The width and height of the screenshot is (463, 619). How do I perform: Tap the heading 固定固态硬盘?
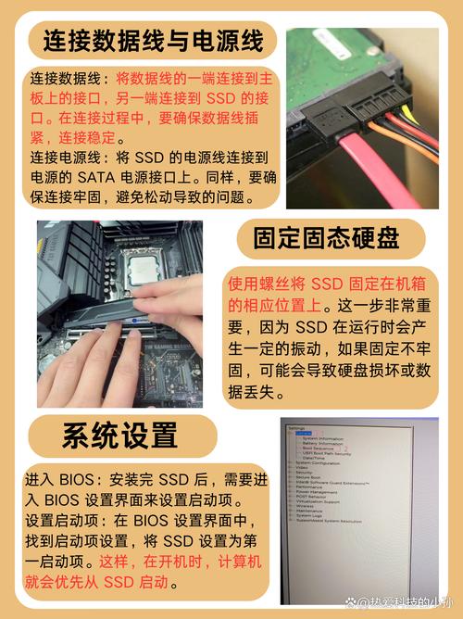click(x=331, y=238)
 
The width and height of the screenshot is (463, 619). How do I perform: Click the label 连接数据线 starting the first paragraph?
click(x=62, y=78)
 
